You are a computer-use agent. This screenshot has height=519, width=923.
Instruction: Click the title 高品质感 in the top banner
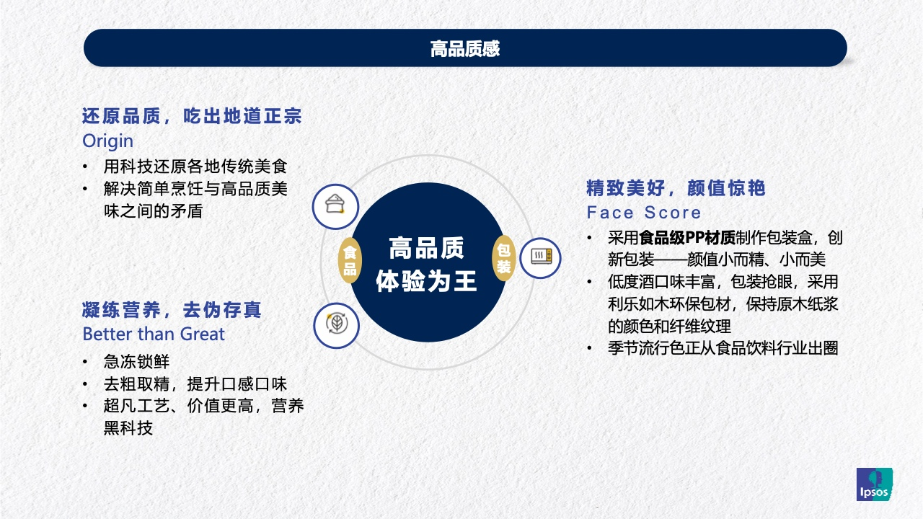pos(465,48)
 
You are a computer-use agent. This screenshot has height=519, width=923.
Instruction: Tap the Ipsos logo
pos(875,484)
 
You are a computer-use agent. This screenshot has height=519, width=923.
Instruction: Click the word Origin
pos(108,141)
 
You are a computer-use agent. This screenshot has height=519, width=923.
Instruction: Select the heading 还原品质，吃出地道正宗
pos(192,116)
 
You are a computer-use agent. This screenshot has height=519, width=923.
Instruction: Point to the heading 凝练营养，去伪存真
pos(172,310)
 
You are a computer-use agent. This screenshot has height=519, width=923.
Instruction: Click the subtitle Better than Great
pos(154,334)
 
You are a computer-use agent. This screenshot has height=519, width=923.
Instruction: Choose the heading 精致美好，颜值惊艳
pos(676,188)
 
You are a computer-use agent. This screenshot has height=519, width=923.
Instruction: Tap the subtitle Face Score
pos(644,213)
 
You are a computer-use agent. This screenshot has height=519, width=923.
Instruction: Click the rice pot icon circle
pos(335,206)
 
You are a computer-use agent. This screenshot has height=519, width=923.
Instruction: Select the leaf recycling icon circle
pos(336,325)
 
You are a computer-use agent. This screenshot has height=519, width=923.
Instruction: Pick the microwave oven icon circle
pos(540,258)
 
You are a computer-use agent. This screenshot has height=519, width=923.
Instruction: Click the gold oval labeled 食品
pos(350,260)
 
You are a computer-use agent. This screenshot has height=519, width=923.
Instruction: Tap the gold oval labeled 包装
pos(503,258)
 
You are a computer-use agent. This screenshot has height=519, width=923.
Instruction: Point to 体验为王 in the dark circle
pos(427,281)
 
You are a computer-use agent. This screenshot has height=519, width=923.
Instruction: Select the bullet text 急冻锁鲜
pos(136,362)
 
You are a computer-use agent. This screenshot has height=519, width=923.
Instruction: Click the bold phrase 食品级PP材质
pos(687,238)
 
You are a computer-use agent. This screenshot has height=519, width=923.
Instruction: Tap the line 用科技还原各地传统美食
pos(195,167)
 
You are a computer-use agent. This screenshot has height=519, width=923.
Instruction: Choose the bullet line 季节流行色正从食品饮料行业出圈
pos(723,348)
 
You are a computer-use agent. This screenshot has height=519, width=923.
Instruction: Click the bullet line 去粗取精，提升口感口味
pos(195,384)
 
